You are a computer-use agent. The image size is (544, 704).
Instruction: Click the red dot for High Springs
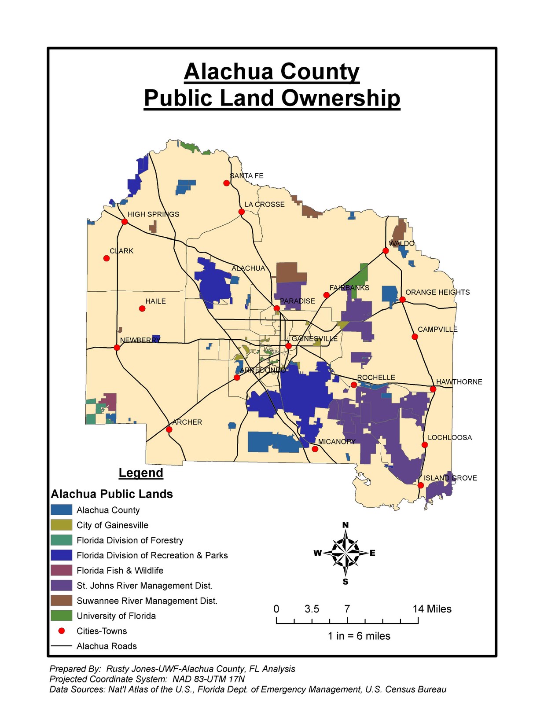point(125,221)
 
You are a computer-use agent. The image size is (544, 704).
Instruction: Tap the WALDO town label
point(401,243)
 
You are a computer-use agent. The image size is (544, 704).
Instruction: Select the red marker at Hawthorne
point(433,389)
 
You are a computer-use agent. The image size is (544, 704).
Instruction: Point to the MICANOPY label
point(336,441)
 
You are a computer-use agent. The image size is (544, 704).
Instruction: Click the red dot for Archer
point(169,429)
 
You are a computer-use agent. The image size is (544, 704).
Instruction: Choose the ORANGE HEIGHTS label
point(437,292)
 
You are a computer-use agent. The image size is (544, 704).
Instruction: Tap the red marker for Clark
point(107,258)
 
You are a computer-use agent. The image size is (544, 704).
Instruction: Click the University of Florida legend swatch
point(61,615)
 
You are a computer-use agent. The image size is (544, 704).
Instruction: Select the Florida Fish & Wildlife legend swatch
point(61,570)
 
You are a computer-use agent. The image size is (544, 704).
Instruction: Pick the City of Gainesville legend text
point(112,525)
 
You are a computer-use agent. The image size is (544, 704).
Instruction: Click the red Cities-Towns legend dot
point(62,631)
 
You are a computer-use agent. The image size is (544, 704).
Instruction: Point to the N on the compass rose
point(346,525)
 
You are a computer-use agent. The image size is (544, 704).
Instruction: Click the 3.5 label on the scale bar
point(312,609)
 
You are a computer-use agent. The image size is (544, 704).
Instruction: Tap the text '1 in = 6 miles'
point(359,636)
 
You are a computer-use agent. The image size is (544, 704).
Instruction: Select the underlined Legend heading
point(141,473)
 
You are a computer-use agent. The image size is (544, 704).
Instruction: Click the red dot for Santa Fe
point(227,183)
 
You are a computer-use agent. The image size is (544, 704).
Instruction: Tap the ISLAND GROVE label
point(450,478)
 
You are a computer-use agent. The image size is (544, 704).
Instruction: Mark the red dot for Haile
point(142,309)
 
